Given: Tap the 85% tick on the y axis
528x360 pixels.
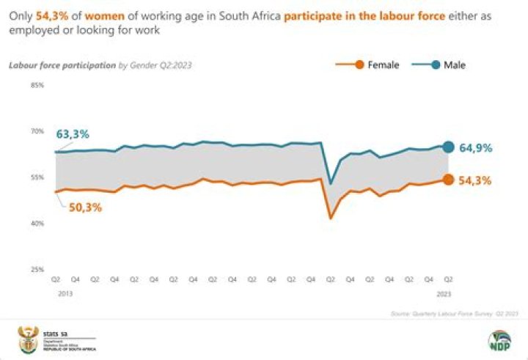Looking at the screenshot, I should (37, 85).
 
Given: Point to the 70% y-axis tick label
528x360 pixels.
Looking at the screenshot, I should (37, 131).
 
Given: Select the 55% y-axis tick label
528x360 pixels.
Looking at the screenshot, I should (37, 177).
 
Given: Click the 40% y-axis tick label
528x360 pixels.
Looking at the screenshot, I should (37, 224).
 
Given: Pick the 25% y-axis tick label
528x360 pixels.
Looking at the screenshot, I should (37, 270).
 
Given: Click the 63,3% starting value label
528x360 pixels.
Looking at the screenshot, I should (73, 134).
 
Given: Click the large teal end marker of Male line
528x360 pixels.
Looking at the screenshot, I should (448, 147).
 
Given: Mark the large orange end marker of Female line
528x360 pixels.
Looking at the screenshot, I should (448, 180).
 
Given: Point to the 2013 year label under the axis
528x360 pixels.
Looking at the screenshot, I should (56, 293).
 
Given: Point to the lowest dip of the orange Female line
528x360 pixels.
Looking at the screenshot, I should (331, 218).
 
